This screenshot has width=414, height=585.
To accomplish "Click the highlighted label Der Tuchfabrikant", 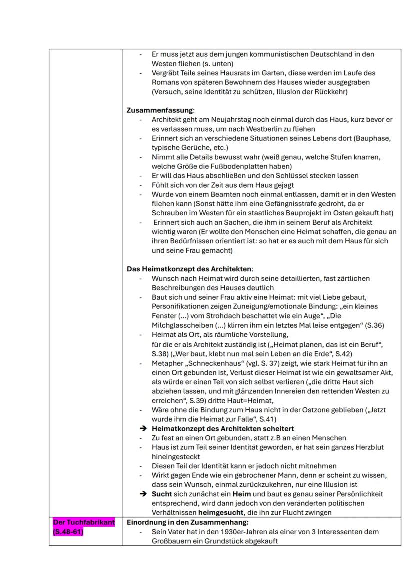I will tap(83, 522).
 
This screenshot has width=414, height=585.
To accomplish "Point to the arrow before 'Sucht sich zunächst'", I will tap(143, 494).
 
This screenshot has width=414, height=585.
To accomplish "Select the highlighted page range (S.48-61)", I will tap(68, 532).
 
